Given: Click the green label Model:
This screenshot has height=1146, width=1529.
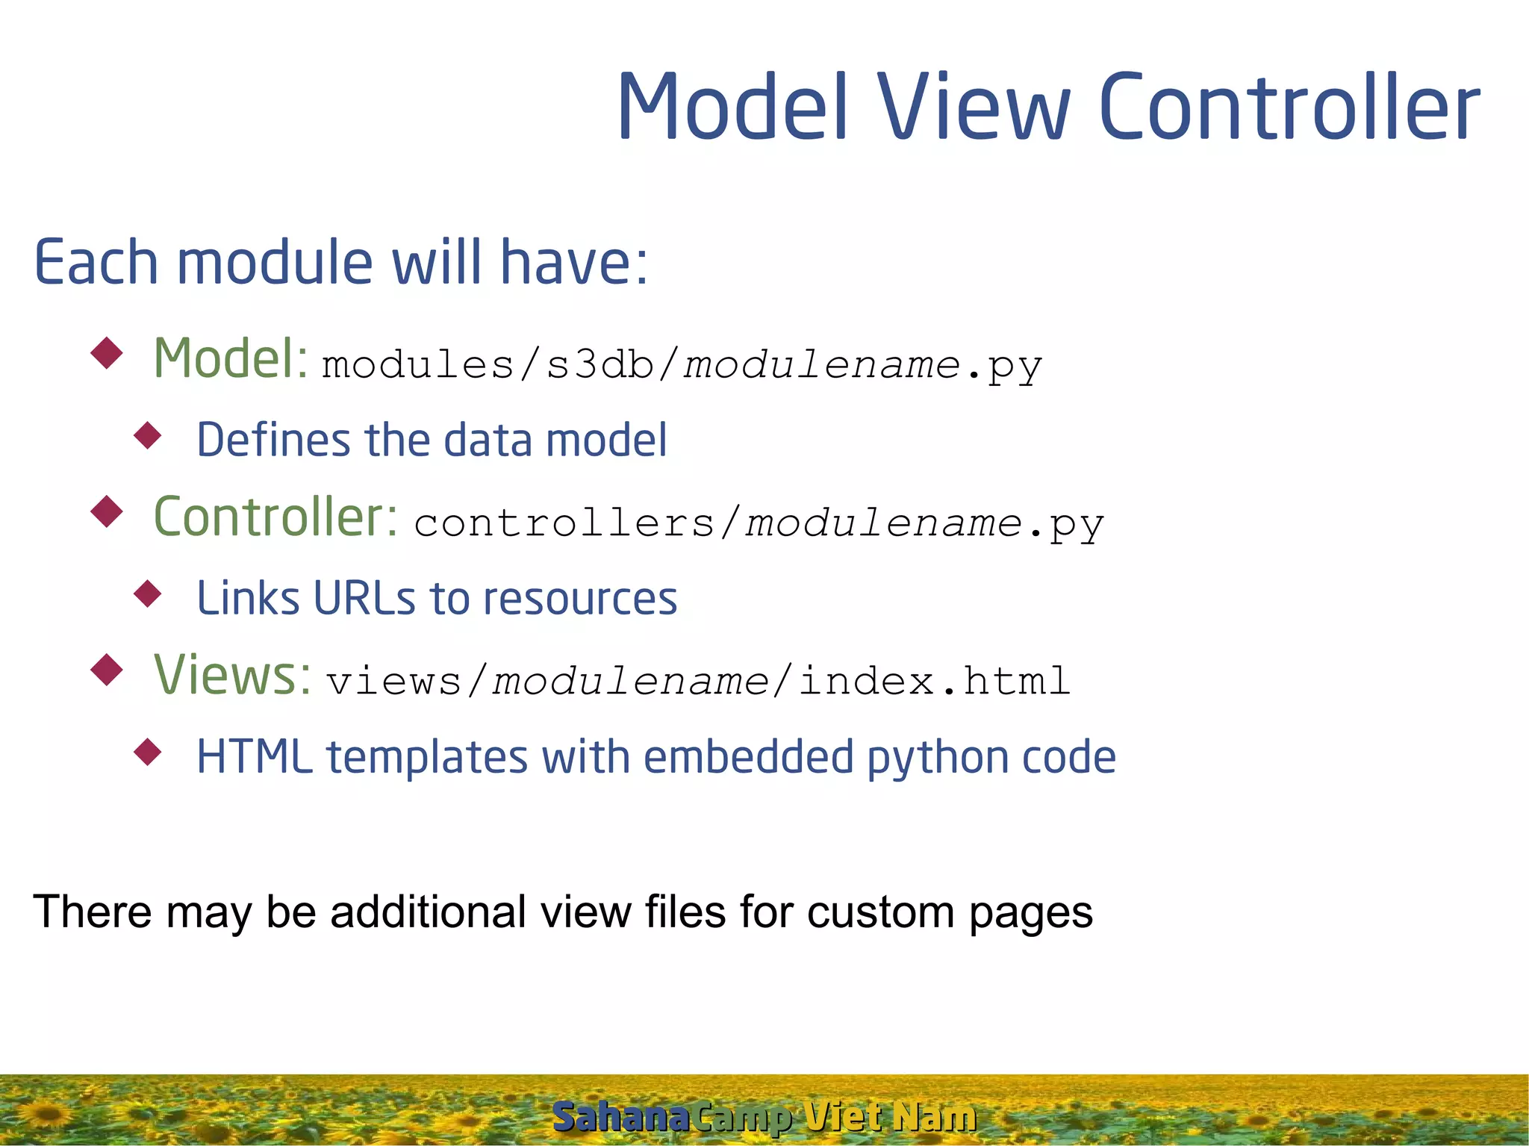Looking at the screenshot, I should pyautogui.click(x=230, y=359).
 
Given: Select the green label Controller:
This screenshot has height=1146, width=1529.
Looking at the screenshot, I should pyautogui.click(x=275, y=517).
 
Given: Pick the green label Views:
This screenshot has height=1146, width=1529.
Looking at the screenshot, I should pyautogui.click(x=231, y=675).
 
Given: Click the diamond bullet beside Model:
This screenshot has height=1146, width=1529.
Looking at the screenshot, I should pyautogui.click(x=106, y=352).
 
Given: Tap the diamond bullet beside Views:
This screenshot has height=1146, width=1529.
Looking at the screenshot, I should pyautogui.click(x=106, y=669).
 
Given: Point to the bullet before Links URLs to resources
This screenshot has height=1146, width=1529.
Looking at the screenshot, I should pyautogui.click(x=148, y=594).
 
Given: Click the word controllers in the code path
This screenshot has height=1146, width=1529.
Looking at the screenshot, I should pyautogui.click(x=564, y=523).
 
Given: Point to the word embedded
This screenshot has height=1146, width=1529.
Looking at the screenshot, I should pyautogui.click(x=748, y=757).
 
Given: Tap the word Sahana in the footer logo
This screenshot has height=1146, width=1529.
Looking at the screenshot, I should pyautogui.click(x=620, y=1117).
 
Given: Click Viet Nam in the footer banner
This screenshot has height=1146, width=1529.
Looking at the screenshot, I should pyautogui.click(x=891, y=1117).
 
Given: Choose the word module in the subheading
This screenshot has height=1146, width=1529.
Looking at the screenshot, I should pyautogui.click(x=275, y=263).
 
